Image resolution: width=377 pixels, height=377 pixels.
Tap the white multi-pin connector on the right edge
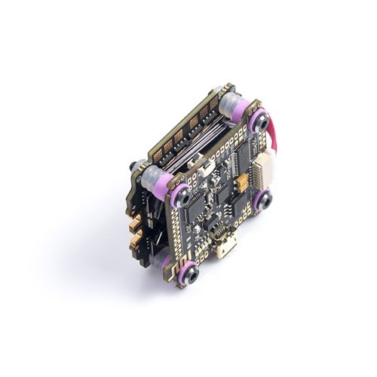point(263,169)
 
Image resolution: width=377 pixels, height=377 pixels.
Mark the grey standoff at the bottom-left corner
point(164,259)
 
